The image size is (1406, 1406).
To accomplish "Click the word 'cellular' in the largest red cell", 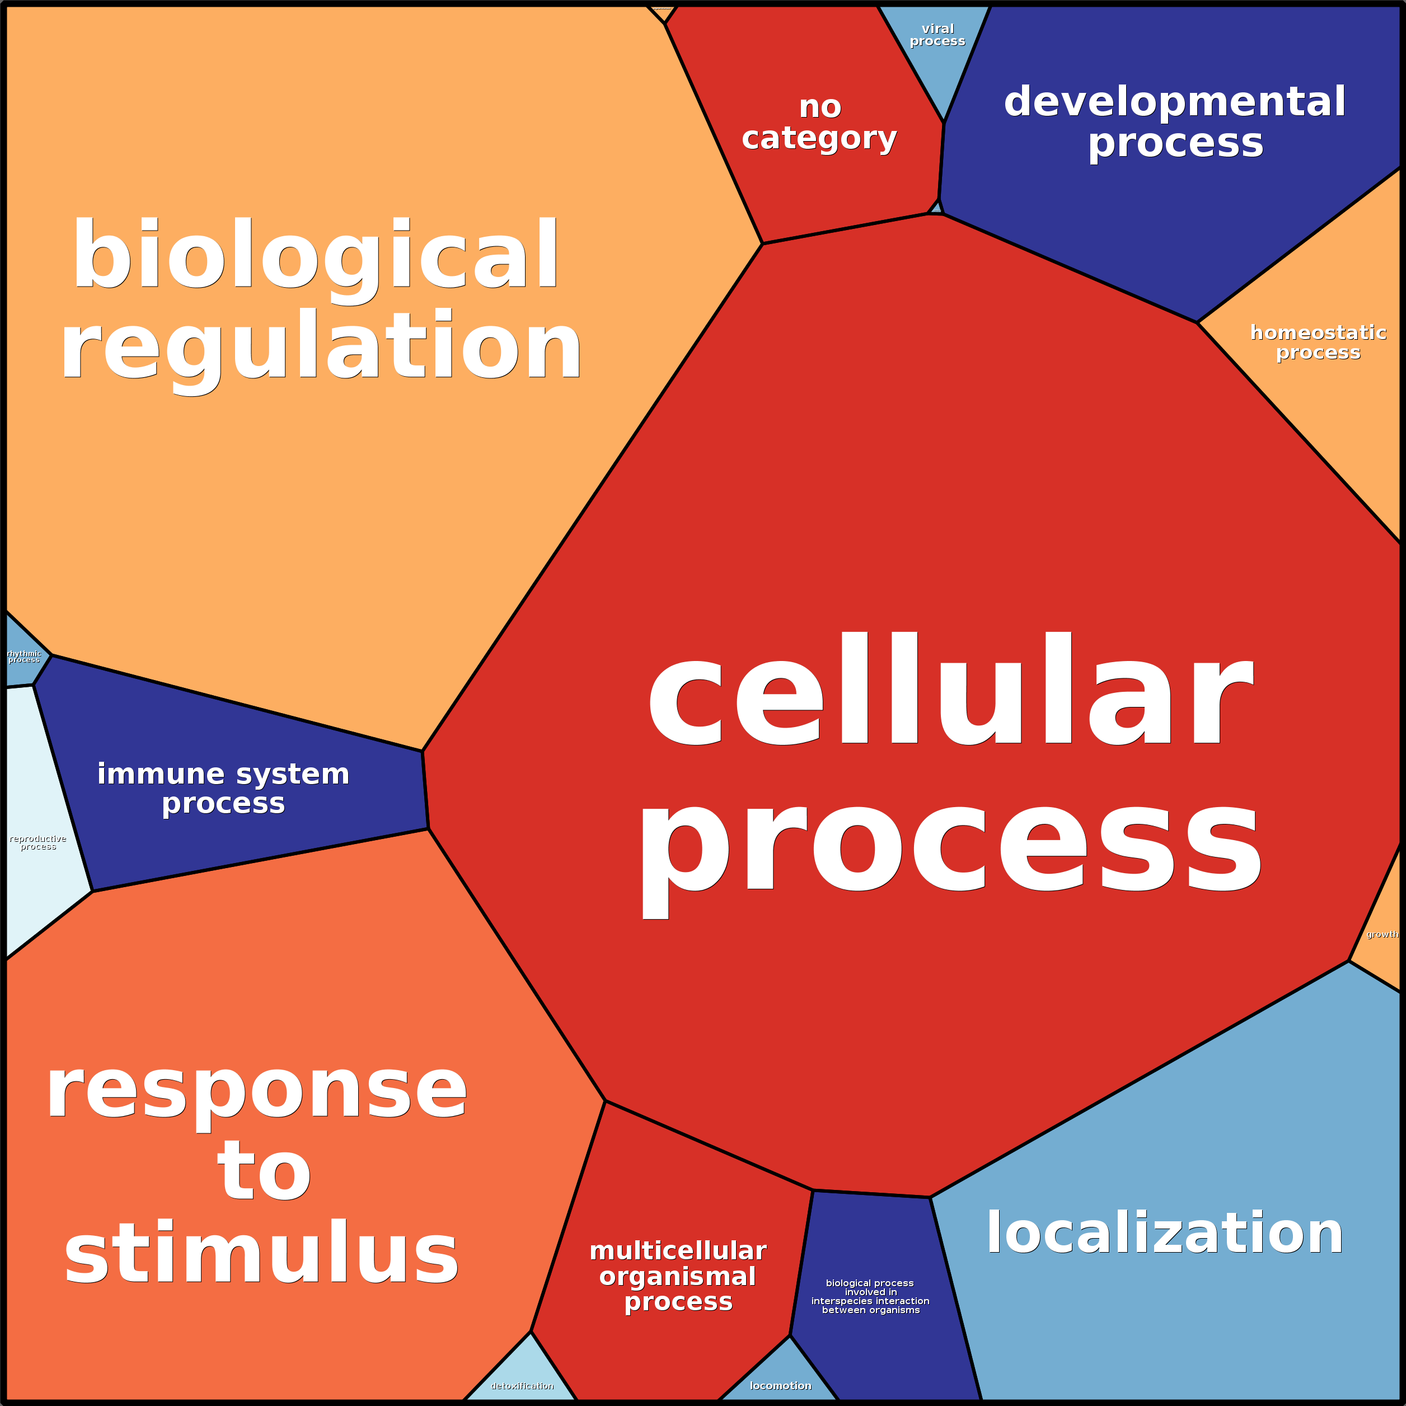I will tap(950, 691).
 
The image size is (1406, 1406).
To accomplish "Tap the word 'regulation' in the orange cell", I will tap(321, 346).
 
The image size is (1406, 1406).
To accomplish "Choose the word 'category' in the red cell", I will tap(819, 138).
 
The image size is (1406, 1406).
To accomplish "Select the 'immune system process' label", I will tap(223, 788).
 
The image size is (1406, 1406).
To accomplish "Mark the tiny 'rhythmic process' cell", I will tap(24, 657).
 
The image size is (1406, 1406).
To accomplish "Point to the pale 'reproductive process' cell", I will tap(40, 844).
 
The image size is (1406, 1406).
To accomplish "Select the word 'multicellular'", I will tap(677, 1251).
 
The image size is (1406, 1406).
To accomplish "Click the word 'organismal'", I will tap(677, 1277).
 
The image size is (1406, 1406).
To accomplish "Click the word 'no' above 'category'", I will tap(820, 107).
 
